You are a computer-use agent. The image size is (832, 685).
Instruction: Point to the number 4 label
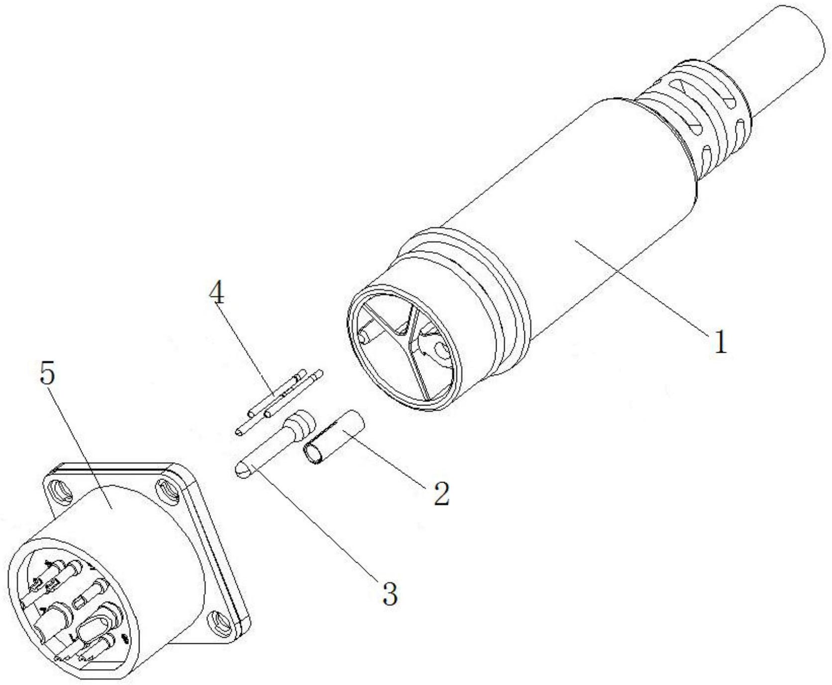[216, 295]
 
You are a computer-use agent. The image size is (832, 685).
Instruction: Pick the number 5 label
[48, 373]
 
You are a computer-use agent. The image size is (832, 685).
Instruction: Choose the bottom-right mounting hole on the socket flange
[219, 622]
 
